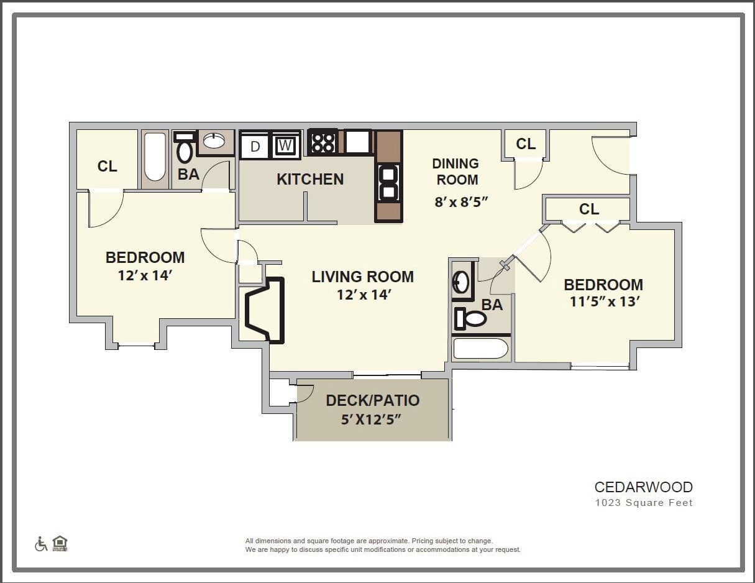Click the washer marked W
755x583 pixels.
click(285, 145)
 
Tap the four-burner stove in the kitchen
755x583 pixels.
click(323, 142)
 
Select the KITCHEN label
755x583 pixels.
click(310, 179)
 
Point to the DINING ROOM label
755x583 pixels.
click(455, 172)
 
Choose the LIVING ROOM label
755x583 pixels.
click(363, 277)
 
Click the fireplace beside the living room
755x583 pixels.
click(265, 310)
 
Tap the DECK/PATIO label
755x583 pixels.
click(373, 400)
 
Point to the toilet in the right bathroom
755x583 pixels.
click(470, 319)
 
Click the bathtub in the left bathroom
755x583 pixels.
click(155, 157)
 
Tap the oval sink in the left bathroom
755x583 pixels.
click(214, 141)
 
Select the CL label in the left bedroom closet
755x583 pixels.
click(108, 166)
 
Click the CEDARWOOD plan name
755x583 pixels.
click(643, 487)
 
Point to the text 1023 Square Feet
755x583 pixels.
click(643, 503)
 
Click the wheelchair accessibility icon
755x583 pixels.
click(41, 544)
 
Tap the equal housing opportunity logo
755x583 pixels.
click(60, 543)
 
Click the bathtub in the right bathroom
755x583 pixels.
click(480, 349)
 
